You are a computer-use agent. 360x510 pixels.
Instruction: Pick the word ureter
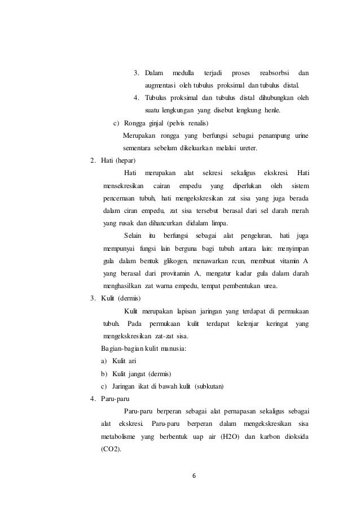(x=245, y=149)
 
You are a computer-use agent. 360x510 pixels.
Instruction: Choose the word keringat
(x=275, y=324)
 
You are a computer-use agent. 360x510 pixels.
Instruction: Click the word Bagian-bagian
(x=119, y=348)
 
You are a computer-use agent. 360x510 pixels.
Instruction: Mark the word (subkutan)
(x=209, y=386)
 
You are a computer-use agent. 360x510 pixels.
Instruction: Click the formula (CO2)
(x=110, y=449)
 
